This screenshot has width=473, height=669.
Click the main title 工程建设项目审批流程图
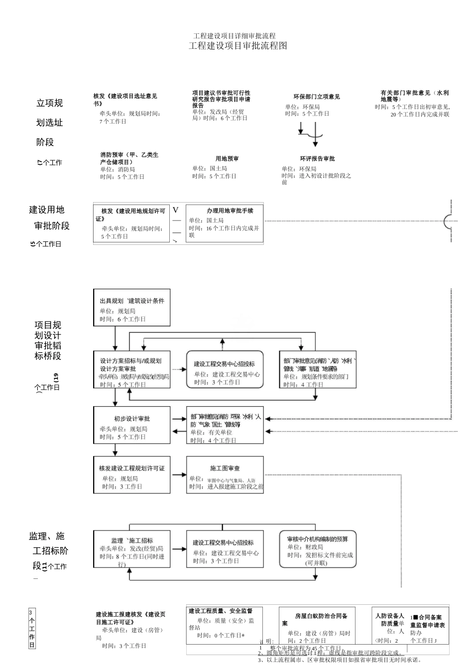tap(238, 46)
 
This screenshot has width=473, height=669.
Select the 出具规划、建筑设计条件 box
tap(132, 308)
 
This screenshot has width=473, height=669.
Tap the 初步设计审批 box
tap(132, 425)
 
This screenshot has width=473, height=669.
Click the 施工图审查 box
tap(225, 475)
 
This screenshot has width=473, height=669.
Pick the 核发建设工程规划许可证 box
tap(132, 475)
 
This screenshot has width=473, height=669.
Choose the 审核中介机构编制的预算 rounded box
tap(318, 549)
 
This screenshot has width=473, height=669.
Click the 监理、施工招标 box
tap(132, 549)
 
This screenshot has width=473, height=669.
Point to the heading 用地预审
tap(227, 159)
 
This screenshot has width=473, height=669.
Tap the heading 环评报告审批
tap(317, 159)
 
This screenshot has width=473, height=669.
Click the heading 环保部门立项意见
tap(317, 97)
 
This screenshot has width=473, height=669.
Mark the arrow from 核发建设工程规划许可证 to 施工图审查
tap(178, 475)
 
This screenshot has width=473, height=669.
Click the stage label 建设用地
tap(47, 210)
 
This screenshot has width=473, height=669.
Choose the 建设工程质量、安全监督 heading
tap(221, 611)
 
